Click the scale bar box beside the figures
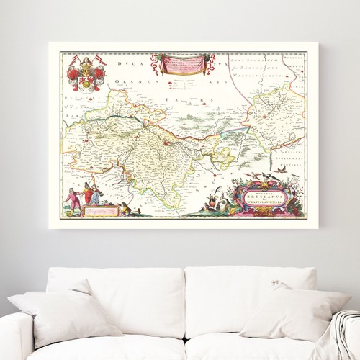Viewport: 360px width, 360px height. point(101,212)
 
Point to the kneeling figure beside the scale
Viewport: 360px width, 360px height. point(125,208)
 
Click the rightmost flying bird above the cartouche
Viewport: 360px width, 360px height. point(283,169)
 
